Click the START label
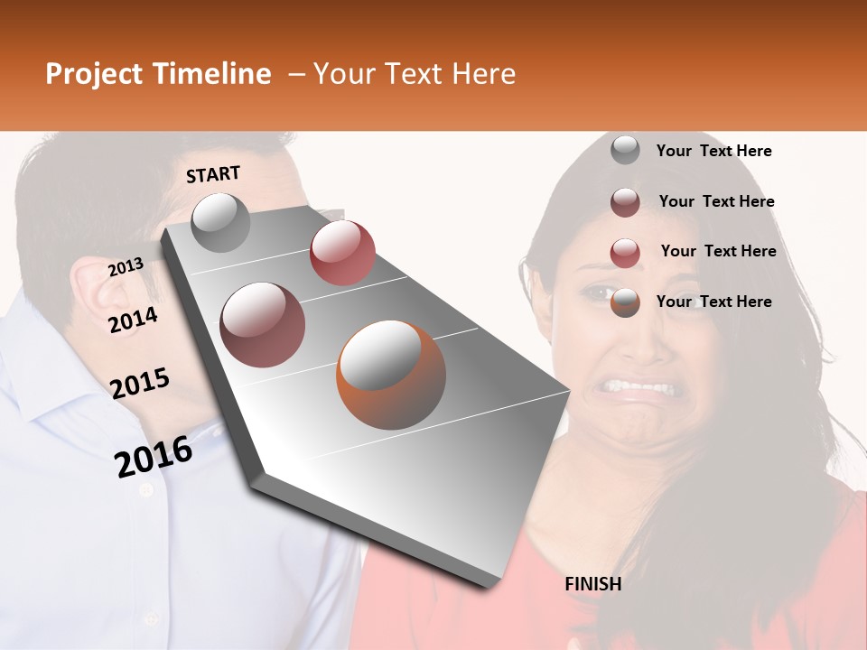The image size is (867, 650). [213, 174]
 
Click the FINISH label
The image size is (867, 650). [592, 584]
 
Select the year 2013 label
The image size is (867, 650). [126, 267]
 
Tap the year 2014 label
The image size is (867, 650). [133, 320]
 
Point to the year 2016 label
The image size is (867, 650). [154, 456]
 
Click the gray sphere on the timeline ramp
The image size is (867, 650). [221, 223]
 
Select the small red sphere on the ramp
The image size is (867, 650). [342, 252]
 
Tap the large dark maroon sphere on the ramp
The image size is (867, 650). [262, 325]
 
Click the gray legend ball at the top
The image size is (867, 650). [625, 151]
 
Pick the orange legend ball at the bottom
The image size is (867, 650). [625, 302]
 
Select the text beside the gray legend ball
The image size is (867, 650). [713, 151]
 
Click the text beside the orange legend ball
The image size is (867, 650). [713, 302]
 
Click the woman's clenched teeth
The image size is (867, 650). [639, 388]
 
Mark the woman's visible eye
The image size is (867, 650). [599, 293]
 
